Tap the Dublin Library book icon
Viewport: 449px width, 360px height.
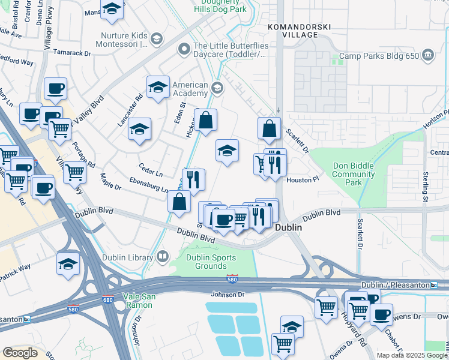[161, 257]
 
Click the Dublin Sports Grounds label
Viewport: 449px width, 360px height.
[210, 262]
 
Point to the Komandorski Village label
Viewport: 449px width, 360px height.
[292, 31]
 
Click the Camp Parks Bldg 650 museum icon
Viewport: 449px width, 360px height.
[427, 56]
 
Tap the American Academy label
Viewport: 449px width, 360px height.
[190, 89]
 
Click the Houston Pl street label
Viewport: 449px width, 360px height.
[302, 179]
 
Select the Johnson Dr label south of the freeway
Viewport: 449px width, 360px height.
[228, 294]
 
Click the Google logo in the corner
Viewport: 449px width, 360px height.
[20, 353]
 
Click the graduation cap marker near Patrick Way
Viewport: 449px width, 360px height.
[68, 263]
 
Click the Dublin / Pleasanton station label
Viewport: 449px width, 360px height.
[395, 285]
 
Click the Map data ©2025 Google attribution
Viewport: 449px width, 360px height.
[412, 355]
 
